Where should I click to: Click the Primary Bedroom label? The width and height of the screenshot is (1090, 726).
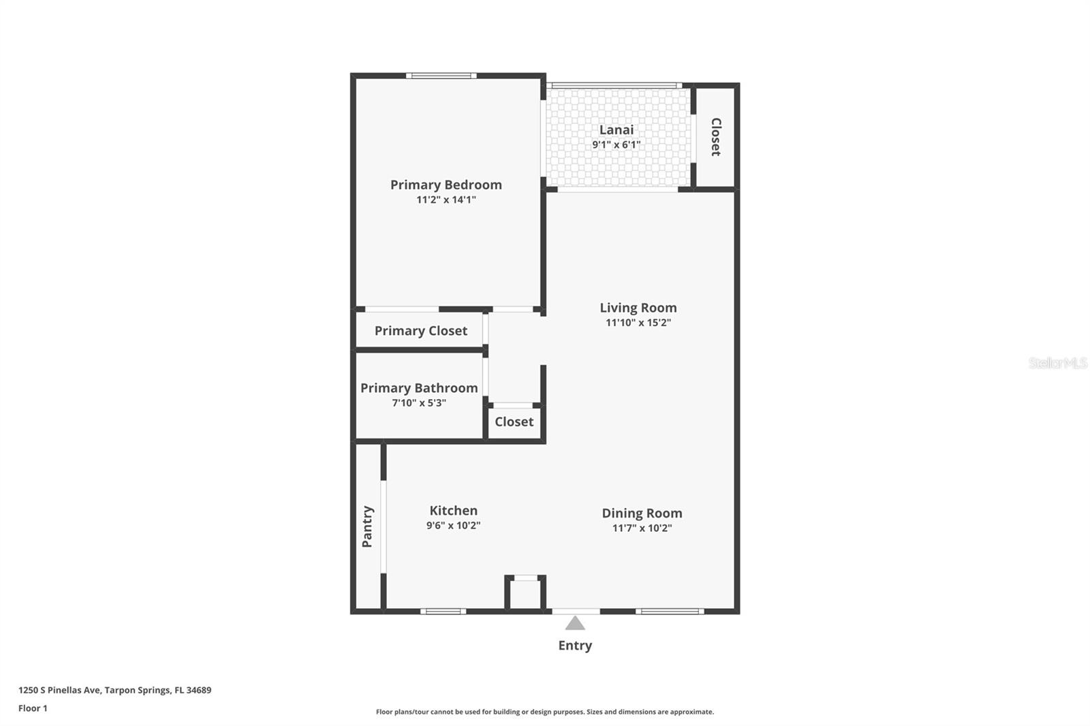[446, 185]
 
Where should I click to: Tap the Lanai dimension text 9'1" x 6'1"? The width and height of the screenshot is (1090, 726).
[616, 144]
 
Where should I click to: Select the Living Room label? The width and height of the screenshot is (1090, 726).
[638, 308]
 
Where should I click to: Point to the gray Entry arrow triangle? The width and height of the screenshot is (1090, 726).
[575, 623]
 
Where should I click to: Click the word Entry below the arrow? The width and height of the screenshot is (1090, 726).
[575, 645]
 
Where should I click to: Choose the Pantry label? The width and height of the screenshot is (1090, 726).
[367, 526]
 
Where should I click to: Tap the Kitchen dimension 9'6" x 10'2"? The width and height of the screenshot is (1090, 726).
[453, 525]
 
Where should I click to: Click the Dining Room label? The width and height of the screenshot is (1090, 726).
[642, 513]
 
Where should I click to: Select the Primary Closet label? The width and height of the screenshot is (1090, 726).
[420, 331]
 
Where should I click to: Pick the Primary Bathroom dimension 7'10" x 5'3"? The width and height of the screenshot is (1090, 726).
[418, 403]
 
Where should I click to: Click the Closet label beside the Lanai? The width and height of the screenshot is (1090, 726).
[716, 137]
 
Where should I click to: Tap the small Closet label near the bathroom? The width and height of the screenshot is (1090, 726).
[514, 422]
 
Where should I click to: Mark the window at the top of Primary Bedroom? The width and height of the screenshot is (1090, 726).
[441, 76]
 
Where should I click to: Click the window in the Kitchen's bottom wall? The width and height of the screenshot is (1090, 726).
[443, 611]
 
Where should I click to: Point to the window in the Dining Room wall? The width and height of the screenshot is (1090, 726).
[670, 611]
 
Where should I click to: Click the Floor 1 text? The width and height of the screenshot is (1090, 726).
[33, 708]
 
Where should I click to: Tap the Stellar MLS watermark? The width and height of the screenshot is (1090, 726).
[1057, 363]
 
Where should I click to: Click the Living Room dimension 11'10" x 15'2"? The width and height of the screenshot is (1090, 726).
[638, 323]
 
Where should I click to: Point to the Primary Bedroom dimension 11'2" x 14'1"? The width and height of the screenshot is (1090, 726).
[446, 200]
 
